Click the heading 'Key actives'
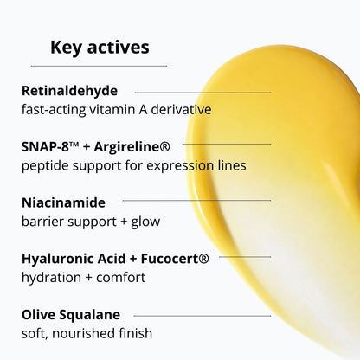[100, 47]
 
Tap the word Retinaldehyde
[69, 90]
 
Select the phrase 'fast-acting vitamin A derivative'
[116, 109]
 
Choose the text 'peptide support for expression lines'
[133, 164]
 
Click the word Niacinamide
[63, 202]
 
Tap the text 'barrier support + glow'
[91, 221]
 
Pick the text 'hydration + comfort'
[83, 277]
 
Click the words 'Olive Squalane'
[71, 314]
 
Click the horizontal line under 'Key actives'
[100, 65]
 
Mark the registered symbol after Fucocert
[204, 256]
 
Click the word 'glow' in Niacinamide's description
[145, 222]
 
